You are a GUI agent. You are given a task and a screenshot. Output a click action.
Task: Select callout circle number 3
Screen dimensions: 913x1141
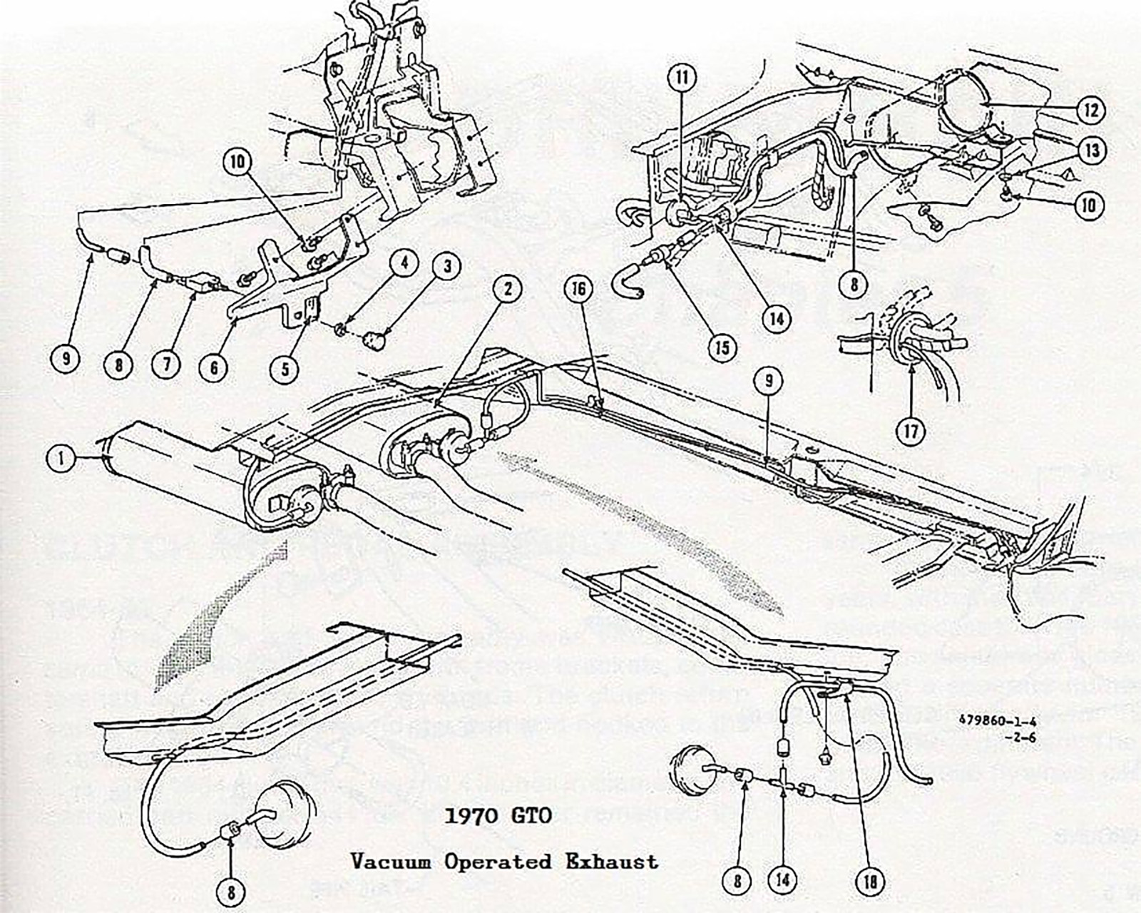point(447,267)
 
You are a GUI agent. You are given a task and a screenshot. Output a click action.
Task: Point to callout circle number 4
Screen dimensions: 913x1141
point(404,262)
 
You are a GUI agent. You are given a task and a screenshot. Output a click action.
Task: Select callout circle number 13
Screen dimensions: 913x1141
point(1091,151)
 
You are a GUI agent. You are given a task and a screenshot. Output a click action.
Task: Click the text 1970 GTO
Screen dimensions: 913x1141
point(498,815)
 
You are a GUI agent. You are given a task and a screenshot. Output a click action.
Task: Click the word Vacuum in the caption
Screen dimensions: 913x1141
point(391,862)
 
